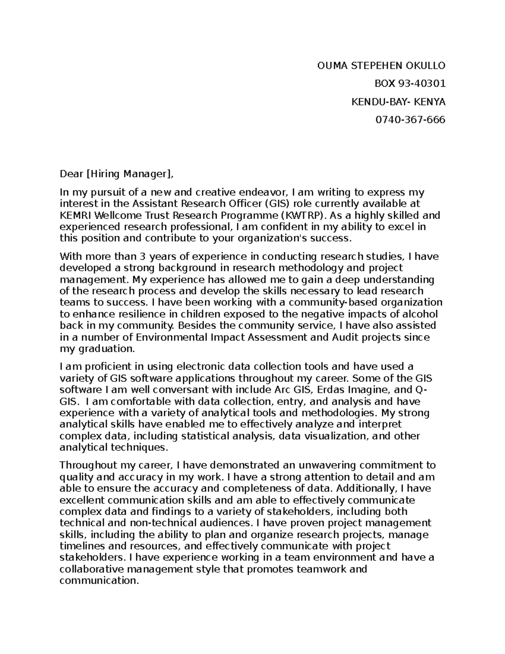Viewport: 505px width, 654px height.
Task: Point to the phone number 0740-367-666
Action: tap(410, 120)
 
